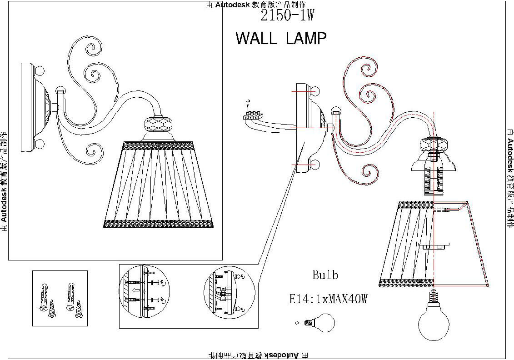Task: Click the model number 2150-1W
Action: point(287,16)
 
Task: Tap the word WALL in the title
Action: point(256,38)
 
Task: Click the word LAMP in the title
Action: point(306,38)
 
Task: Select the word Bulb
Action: point(325,275)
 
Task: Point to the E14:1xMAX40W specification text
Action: point(328,299)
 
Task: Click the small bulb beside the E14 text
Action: point(323,323)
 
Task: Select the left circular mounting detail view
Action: point(143,295)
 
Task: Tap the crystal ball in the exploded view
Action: point(432,145)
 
